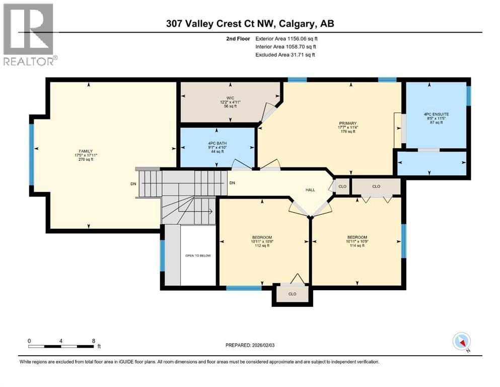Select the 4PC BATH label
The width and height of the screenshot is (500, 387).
click(218, 143)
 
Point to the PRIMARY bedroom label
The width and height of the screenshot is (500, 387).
click(347, 123)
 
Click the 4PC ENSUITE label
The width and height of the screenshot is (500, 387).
click(436, 114)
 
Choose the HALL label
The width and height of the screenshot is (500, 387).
click(310, 189)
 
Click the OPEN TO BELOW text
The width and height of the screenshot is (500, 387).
click(198, 255)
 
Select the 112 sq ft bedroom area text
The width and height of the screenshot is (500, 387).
click(262, 247)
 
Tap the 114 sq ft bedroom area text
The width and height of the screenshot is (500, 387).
click(356, 247)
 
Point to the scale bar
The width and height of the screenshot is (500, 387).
click(61, 346)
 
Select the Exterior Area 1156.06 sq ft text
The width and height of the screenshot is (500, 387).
click(287, 38)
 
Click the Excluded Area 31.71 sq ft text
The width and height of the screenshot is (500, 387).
click(285, 54)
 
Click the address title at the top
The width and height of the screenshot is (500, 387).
click(250, 23)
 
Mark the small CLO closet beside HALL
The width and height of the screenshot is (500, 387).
click(342, 186)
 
